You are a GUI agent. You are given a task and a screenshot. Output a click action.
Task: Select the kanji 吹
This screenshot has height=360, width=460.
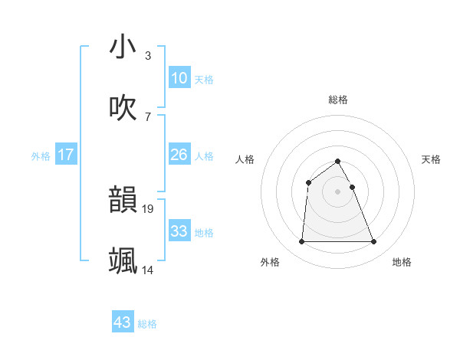click(x=123, y=108)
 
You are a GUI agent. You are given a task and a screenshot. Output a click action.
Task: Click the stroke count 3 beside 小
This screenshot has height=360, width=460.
click(x=148, y=55)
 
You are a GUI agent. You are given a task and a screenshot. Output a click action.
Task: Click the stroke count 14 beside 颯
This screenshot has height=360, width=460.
click(x=148, y=269)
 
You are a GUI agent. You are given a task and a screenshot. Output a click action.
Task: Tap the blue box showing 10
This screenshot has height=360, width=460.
click(x=179, y=78)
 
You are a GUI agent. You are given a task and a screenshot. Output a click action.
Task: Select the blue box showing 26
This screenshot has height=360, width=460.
click(x=179, y=155)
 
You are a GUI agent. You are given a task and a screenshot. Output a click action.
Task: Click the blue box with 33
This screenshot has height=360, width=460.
click(x=179, y=231)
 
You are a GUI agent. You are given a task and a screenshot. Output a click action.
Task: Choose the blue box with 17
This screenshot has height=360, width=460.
click(x=66, y=155)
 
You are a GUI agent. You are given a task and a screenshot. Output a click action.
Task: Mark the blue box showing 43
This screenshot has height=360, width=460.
click(x=123, y=322)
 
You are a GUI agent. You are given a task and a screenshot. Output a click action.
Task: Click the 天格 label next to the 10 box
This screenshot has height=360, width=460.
click(x=204, y=80)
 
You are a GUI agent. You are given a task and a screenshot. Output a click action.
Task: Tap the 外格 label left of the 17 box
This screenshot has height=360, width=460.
click(x=41, y=156)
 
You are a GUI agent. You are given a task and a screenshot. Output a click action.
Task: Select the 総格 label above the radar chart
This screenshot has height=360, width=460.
click(x=338, y=100)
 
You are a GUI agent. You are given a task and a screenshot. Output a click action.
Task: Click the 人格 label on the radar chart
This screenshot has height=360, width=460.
click(x=245, y=159)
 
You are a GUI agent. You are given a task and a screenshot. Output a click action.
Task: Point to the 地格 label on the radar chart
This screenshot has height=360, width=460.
click(x=402, y=262)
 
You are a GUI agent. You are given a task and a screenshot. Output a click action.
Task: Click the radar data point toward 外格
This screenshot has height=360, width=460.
click(x=301, y=242)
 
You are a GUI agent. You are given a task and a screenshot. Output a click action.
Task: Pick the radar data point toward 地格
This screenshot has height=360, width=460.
click(x=374, y=242)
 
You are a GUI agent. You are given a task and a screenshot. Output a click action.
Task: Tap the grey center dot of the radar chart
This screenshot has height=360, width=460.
click(x=338, y=191)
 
